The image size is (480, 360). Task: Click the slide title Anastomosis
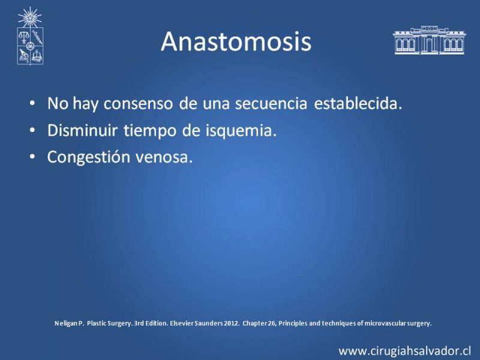click(236, 41)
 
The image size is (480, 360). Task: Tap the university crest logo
click(30, 36)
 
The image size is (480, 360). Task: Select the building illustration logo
click(430, 40)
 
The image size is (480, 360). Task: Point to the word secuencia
click(271, 103)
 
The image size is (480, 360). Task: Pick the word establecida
click(358, 103)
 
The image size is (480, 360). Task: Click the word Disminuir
click(82, 130)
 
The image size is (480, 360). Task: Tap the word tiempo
click(150, 131)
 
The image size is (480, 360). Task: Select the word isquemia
click(241, 131)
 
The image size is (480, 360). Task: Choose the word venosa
click(164, 157)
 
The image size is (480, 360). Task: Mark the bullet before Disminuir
click(32, 130)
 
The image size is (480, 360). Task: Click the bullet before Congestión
click(32, 157)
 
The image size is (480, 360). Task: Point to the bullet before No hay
click(32, 103)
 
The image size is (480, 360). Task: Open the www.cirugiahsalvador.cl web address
click(404, 351)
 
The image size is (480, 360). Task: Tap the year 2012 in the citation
click(231, 323)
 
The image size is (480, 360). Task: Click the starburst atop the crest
click(29, 17)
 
